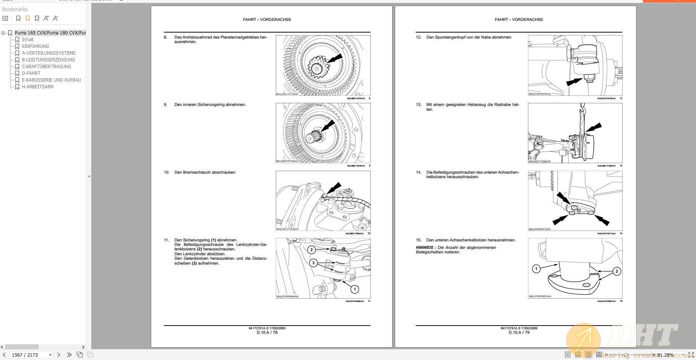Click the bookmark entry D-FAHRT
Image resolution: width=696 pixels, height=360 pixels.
pyautogui.click(x=31, y=73)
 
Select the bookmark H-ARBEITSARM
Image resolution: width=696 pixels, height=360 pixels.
pyautogui.click(x=37, y=87)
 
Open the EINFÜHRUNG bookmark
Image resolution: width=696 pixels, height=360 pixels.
pyautogui.click(x=35, y=46)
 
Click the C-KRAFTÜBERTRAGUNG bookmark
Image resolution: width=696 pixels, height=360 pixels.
pyautogui.click(x=46, y=67)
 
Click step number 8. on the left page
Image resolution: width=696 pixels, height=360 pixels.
pyautogui.click(x=165, y=37)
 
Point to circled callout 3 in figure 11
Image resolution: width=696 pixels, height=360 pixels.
pyautogui.click(x=314, y=263)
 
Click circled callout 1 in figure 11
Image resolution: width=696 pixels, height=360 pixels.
pyautogui.click(x=355, y=289)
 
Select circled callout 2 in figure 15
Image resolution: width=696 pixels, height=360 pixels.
pyautogui.click(x=617, y=271)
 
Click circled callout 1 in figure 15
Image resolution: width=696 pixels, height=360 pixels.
pyautogui.click(x=536, y=269)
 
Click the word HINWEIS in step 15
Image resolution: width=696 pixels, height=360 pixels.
pyautogui.click(x=424, y=248)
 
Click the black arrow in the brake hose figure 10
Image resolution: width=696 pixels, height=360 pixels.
pyautogui.click(x=334, y=187)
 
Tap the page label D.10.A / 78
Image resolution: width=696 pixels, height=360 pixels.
pyautogui.click(x=267, y=332)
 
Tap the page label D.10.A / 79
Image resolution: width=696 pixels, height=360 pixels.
pyautogui.click(x=519, y=332)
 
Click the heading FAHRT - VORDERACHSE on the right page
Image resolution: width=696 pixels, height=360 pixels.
pyautogui.click(x=519, y=19)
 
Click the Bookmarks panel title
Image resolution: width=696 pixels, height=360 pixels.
pyautogui.click(x=15, y=9)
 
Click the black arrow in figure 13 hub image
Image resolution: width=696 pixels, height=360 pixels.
pyautogui.click(x=594, y=127)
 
